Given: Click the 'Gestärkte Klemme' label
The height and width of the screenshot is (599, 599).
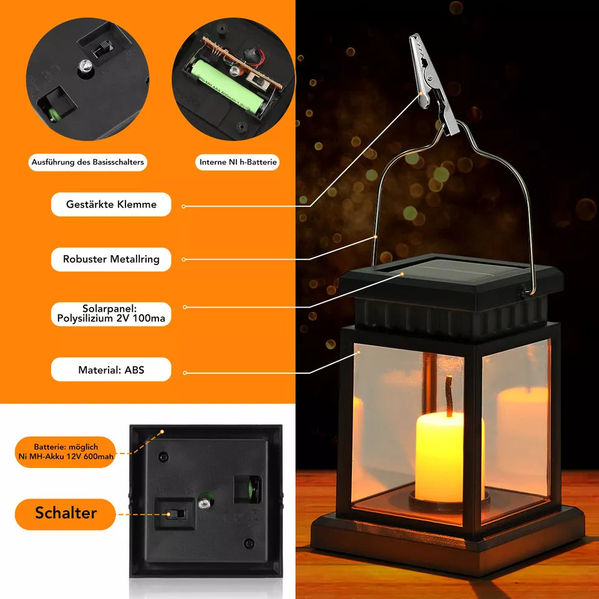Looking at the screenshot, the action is pos(111,205).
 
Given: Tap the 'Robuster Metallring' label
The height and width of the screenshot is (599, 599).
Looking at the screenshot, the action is pos(111,260).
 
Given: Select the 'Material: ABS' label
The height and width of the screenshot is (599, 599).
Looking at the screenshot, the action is pos(111,369).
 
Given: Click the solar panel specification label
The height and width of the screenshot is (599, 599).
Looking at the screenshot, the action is pos(111,314).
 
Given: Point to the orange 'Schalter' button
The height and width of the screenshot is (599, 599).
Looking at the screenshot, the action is pos(66,514).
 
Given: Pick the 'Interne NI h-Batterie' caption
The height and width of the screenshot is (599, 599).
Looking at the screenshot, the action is pos(238,162).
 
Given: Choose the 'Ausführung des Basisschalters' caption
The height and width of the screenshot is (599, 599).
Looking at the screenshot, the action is pos(87,162).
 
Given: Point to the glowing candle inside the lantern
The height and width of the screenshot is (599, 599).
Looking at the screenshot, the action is pos(450,457).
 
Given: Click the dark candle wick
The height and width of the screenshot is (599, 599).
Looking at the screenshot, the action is pos(449,396).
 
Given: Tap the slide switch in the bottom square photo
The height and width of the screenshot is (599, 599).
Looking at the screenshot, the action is pos(177,514).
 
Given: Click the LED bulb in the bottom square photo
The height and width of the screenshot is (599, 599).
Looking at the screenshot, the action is pos(205,503).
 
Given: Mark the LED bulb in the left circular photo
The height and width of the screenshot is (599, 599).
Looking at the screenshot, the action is pos(85,66).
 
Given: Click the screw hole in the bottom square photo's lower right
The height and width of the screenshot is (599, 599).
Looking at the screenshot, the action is pos(249,543).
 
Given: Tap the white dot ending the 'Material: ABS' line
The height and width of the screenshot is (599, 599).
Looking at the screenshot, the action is pos(185,373).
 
